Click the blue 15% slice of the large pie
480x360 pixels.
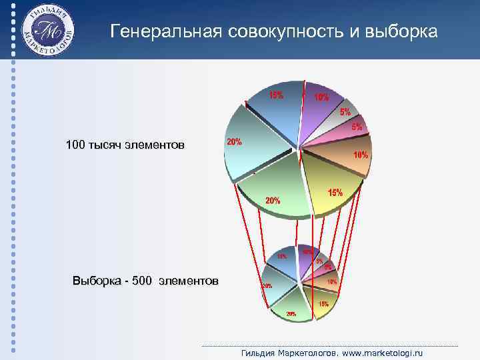click(x=273, y=113)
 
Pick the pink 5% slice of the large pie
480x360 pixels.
click(x=343, y=135)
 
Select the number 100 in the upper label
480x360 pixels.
click(x=75, y=145)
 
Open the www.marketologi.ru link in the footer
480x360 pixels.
click(x=383, y=353)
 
